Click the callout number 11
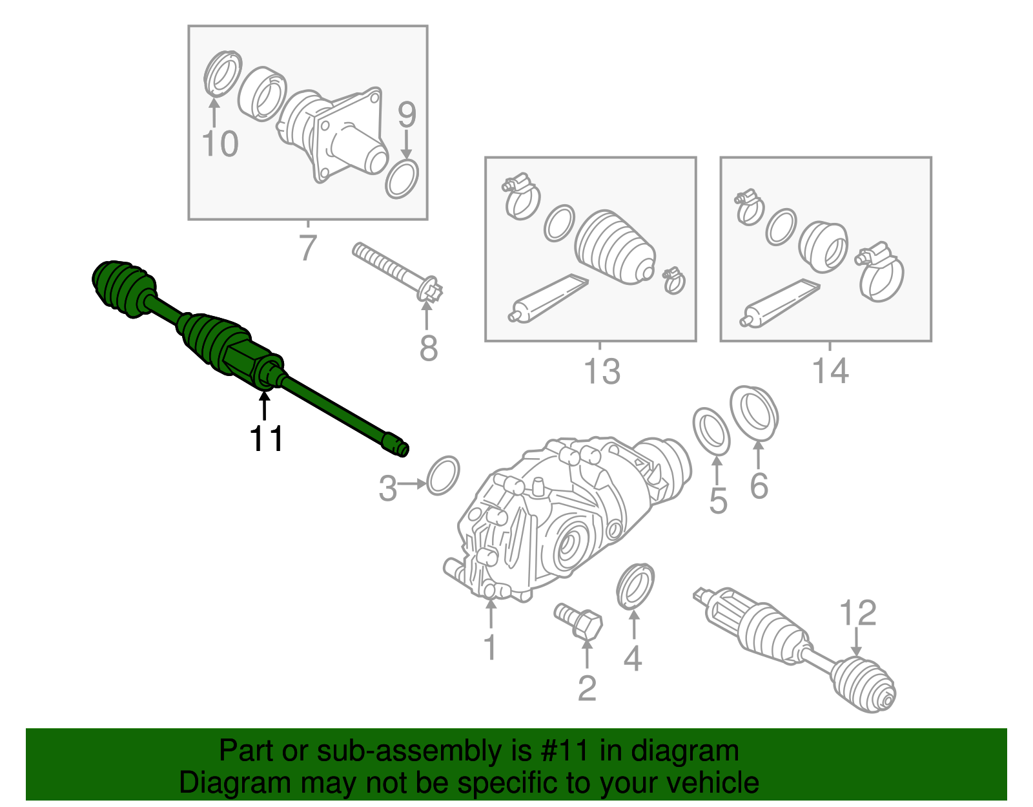[266, 438]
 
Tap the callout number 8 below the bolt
[428, 348]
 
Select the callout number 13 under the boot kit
[602, 372]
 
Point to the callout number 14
[830, 371]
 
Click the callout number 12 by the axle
[857, 613]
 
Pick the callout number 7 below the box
[308, 247]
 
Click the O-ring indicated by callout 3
[443, 476]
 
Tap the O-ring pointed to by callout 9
[402, 179]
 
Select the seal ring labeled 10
[223, 74]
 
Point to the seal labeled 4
[635, 586]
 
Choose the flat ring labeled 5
[711, 432]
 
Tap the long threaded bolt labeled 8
[398, 272]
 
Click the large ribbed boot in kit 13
[615, 247]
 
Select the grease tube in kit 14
[780, 303]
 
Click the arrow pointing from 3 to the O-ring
[412, 484]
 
